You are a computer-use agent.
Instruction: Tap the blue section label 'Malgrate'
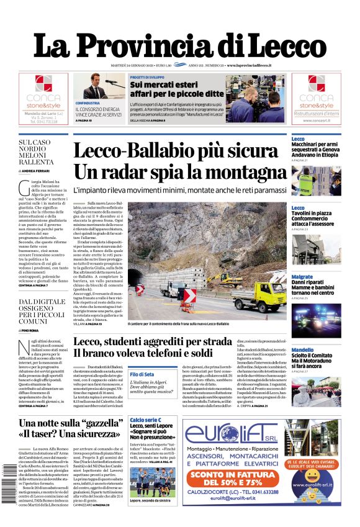302,276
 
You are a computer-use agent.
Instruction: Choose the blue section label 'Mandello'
302,350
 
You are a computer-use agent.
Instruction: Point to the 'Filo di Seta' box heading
142,374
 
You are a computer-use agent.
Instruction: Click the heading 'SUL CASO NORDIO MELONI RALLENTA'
36,152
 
